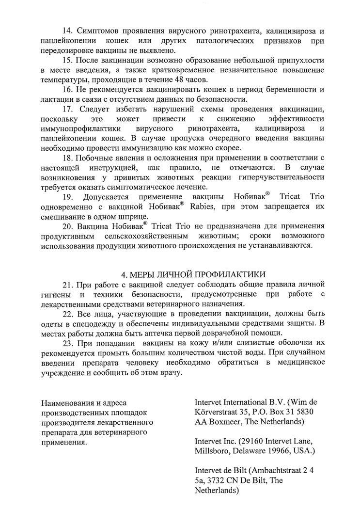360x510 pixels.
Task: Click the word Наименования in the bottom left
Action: [x=69, y=402]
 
